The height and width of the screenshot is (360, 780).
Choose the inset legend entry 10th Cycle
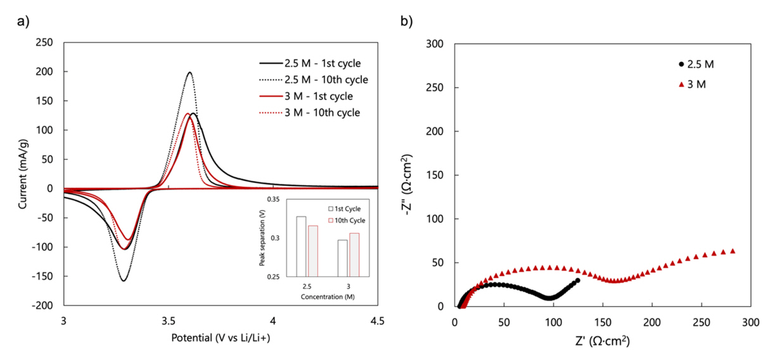pyautogui.click(x=350, y=220)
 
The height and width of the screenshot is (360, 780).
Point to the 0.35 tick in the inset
pyautogui.click(x=272, y=200)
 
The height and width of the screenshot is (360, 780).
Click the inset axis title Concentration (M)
pyautogui.click(x=328, y=296)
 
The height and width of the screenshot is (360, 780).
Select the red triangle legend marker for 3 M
pyautogui.click(x=681, y=84)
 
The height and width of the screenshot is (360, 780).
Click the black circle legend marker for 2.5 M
pyautogui.click(x=681, y=64)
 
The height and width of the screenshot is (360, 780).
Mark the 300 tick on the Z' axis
pyautogui.click(x=750, y=322)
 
